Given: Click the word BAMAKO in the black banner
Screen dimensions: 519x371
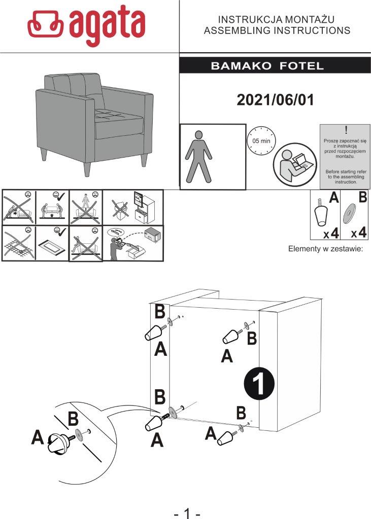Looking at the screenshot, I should tap(236, 66).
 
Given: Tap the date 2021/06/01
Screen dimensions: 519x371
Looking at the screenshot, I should tap(275, 100).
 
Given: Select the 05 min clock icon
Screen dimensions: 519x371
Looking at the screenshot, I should tap(258, 139).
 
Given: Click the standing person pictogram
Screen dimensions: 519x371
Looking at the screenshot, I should tap(198, 157).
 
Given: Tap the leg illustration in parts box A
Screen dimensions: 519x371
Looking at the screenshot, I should tap(321, 213).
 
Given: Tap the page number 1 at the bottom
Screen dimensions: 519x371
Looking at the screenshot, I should tap(187, 513).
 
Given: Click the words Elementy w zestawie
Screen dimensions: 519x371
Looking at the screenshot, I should tap(325, 249).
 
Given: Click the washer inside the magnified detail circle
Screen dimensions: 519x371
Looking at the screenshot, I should tap(78, 434).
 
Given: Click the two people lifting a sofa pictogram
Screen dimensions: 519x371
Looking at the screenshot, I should tap(52, 206).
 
